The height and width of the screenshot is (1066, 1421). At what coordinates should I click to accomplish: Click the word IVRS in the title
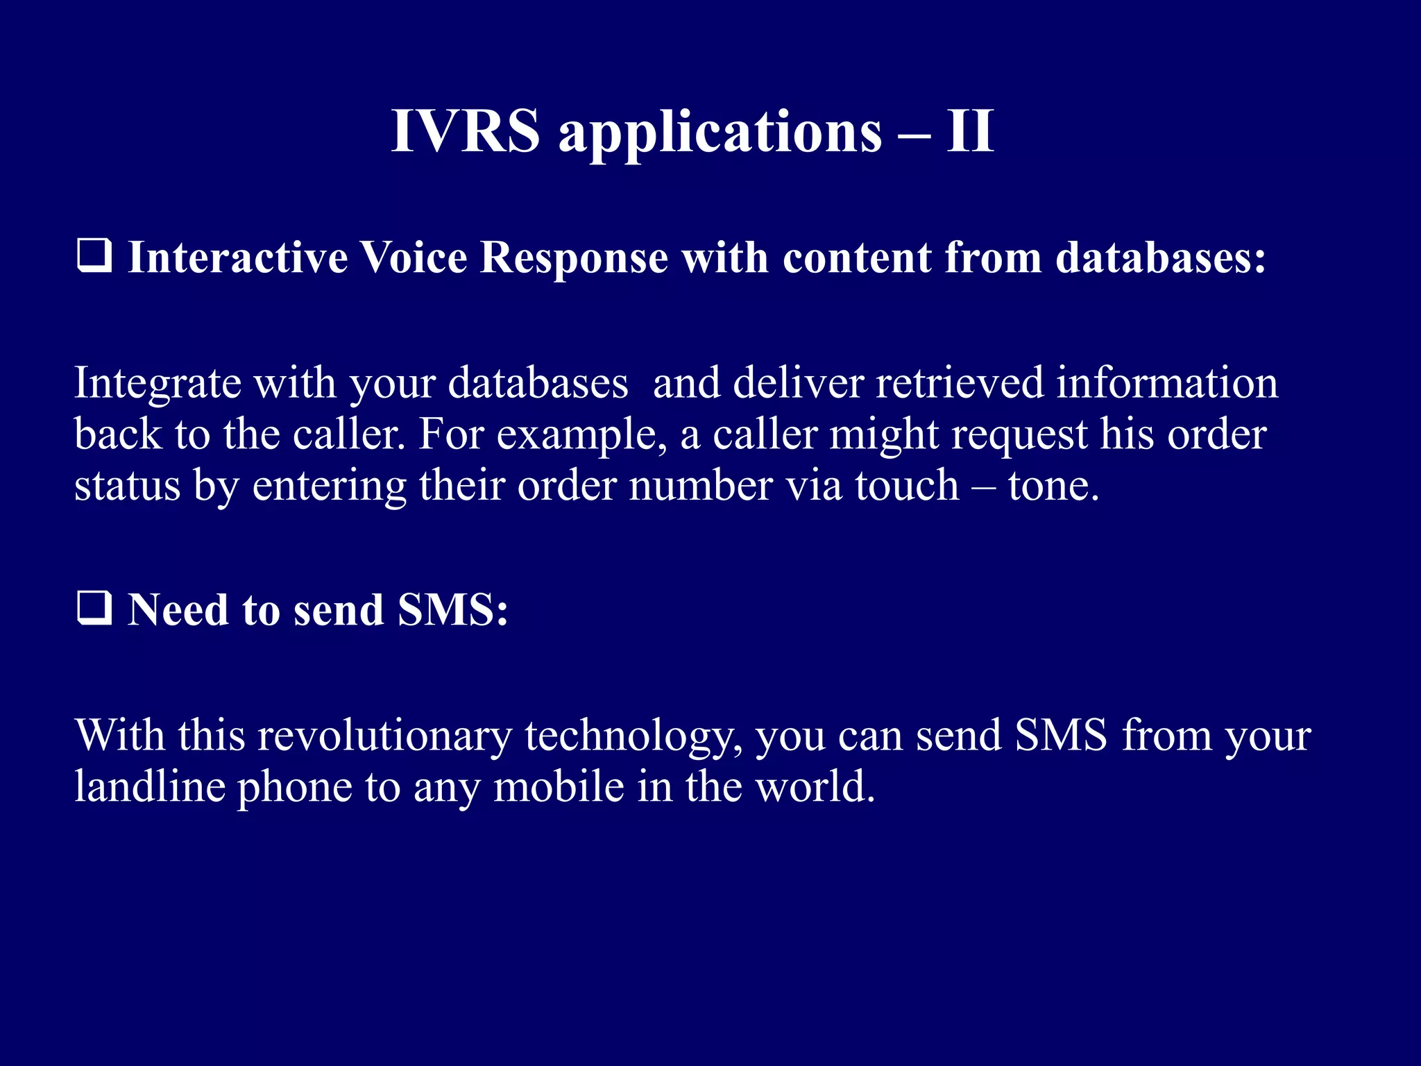pos(465,131)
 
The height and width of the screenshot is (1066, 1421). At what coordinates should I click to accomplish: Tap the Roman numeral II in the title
pos(970,131)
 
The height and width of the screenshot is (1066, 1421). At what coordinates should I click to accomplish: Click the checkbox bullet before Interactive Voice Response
pos(94,256)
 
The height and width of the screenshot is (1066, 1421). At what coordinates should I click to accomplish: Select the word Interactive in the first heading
pos(237,257)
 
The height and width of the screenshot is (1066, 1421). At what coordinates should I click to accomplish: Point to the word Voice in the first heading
pos(414,257)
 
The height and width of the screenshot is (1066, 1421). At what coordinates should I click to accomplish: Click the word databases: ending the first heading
pos(1161,257)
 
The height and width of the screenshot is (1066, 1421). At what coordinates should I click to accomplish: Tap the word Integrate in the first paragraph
pos(158,384)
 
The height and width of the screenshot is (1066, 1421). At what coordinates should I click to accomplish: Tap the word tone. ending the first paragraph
pos(1053,485)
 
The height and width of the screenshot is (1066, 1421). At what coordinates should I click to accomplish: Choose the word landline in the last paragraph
pos(150,787)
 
